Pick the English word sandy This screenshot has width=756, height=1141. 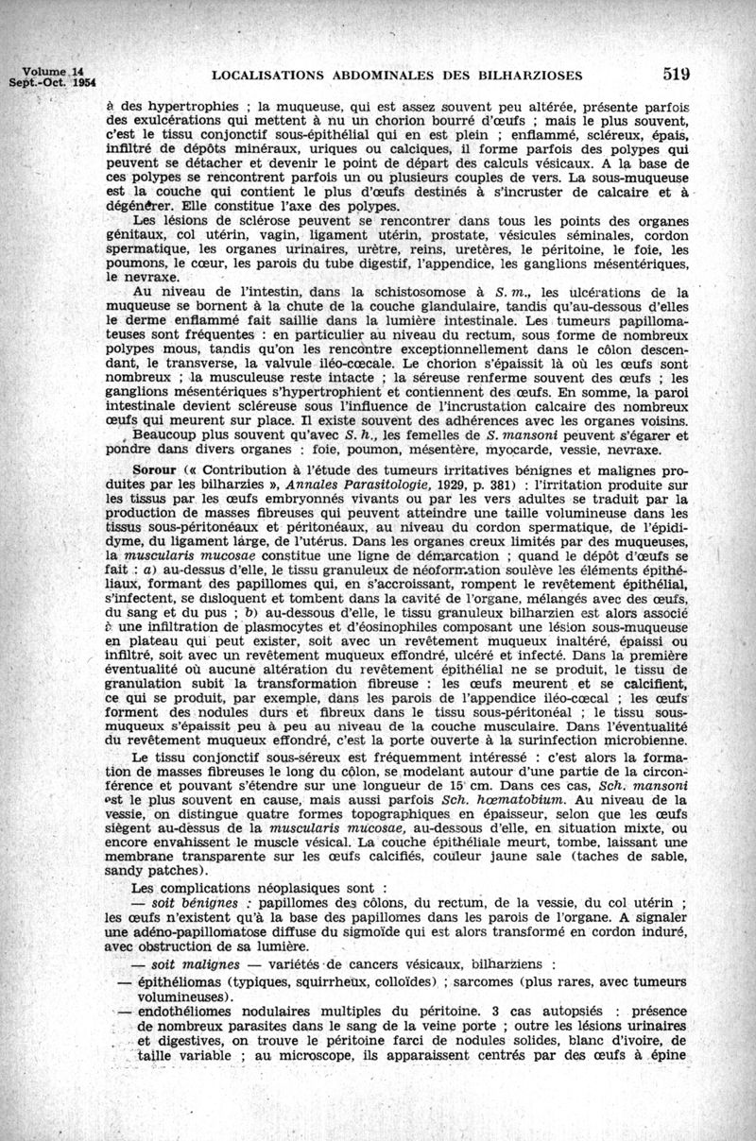pos(129,870)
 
